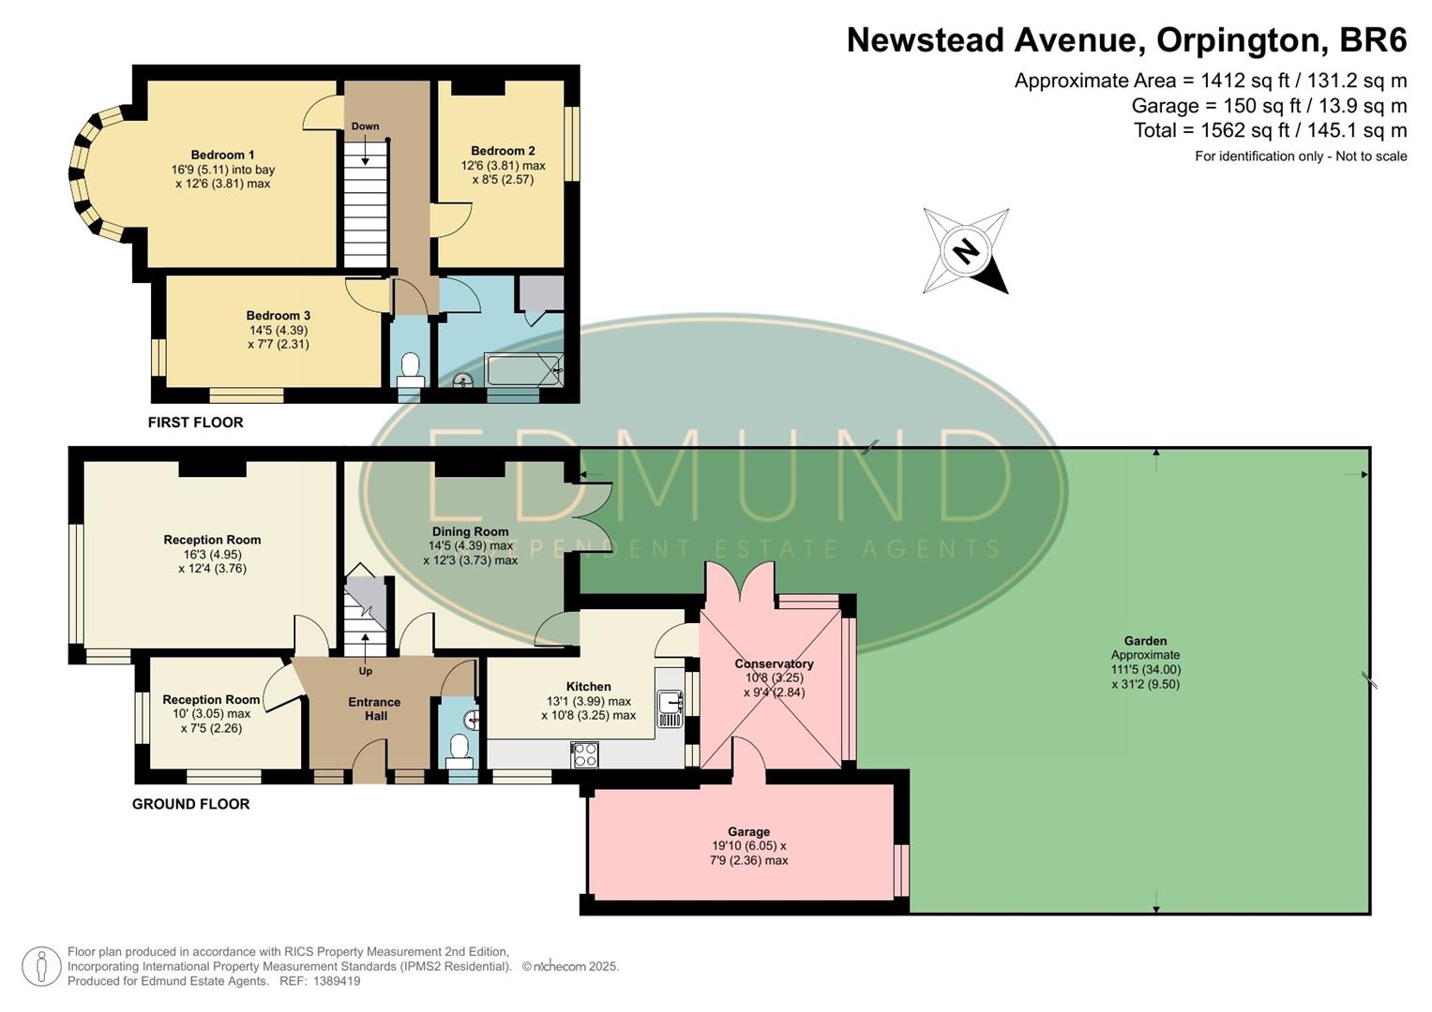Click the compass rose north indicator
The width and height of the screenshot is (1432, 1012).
coord(966,251)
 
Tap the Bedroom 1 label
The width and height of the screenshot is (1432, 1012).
coord(222,155)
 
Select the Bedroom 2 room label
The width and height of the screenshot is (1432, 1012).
coord(503,151)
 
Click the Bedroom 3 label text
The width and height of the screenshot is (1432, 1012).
coord(278,316)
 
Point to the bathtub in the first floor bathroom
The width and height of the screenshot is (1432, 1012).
coord(523,369)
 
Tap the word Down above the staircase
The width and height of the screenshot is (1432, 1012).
coord(365,126)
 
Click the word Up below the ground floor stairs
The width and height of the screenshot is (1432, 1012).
coord(365,671)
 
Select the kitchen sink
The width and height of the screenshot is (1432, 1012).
coord(670,707)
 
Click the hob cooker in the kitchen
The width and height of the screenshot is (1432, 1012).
coord(584,753)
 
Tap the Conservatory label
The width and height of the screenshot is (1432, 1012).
coord(774,663)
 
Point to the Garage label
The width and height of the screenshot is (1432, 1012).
coord(748,831)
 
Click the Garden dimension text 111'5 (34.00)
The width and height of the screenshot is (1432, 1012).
coord(1145,670)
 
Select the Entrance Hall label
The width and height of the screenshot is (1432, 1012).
coord(374,708)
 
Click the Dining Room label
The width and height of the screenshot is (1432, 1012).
coord(470,531)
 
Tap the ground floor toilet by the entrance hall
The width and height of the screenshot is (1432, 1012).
coord(459,750)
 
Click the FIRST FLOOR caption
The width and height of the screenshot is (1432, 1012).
coord(195,423)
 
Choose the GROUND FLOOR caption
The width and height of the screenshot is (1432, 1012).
coord(190,804)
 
